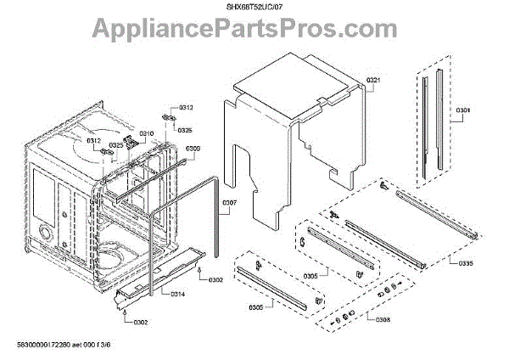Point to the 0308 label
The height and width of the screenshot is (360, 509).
click(383, 319)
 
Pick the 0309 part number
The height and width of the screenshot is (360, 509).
click(193, 148)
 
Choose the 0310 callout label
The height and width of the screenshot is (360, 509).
click(147, 134)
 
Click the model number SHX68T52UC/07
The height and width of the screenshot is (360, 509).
click(255, 8)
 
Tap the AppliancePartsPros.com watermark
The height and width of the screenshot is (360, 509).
click(255, 32)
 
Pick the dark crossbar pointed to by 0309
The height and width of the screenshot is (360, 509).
click(170, 161)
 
